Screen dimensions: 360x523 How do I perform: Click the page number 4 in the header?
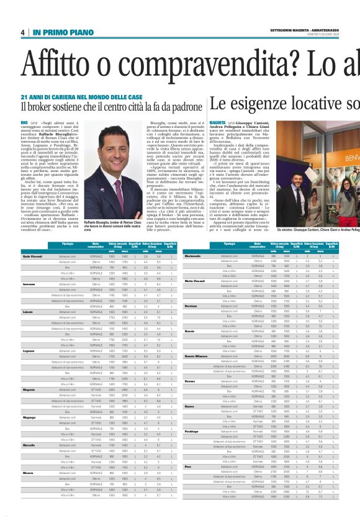click(x=22, y=32)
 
